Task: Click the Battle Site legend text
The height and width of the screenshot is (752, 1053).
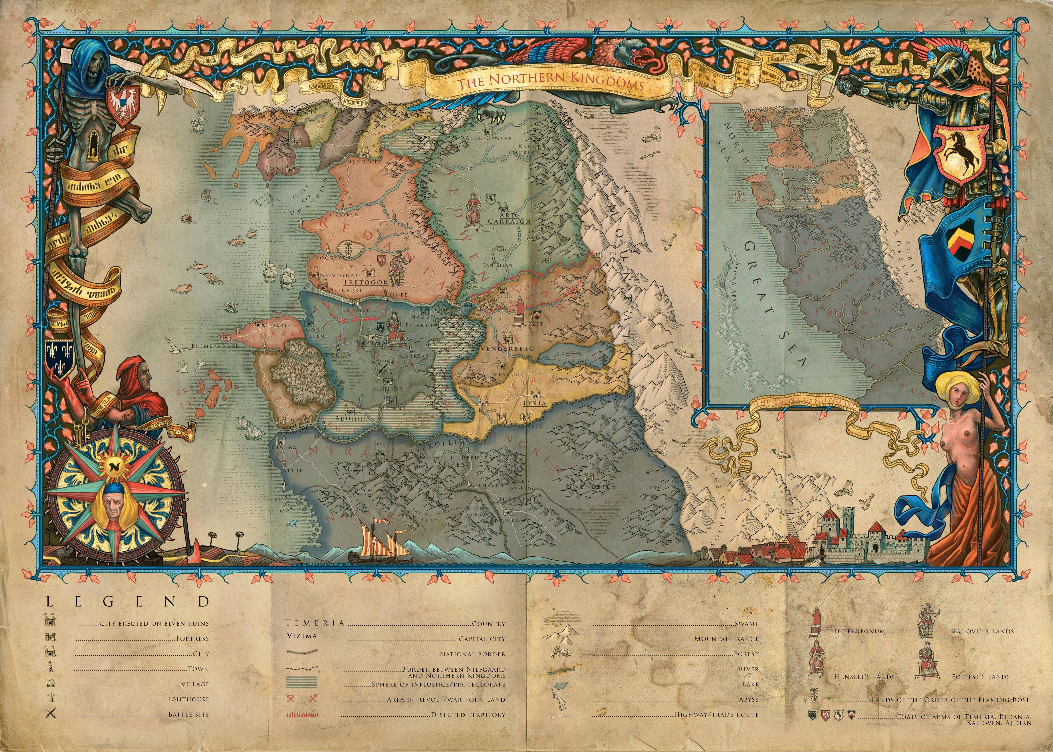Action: tap(189, 715)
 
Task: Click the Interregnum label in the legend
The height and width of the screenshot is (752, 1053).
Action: tap(860, 631)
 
